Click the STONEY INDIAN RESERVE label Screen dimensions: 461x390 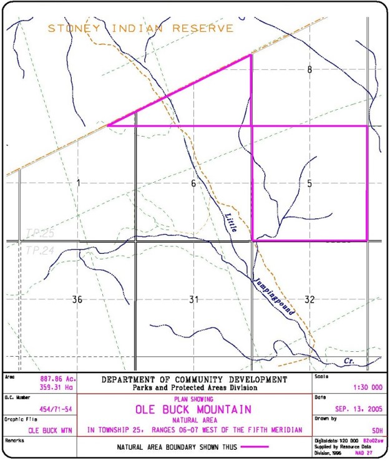(x=141, y=28)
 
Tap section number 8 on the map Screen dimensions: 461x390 (x=310, y=70)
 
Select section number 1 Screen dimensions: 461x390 (x=79, y=183)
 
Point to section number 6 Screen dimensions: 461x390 (x=193, y=183)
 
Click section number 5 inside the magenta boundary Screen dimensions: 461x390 (x=310, y=185)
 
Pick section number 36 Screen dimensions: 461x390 (x=77, y=300)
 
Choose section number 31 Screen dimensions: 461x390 (x=193, y=300)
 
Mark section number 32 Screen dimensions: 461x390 (x=310, y=300)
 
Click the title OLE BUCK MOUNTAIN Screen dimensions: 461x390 (x=194, y=410)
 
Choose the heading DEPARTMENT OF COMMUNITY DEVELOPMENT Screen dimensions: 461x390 (x=194, y=379)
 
